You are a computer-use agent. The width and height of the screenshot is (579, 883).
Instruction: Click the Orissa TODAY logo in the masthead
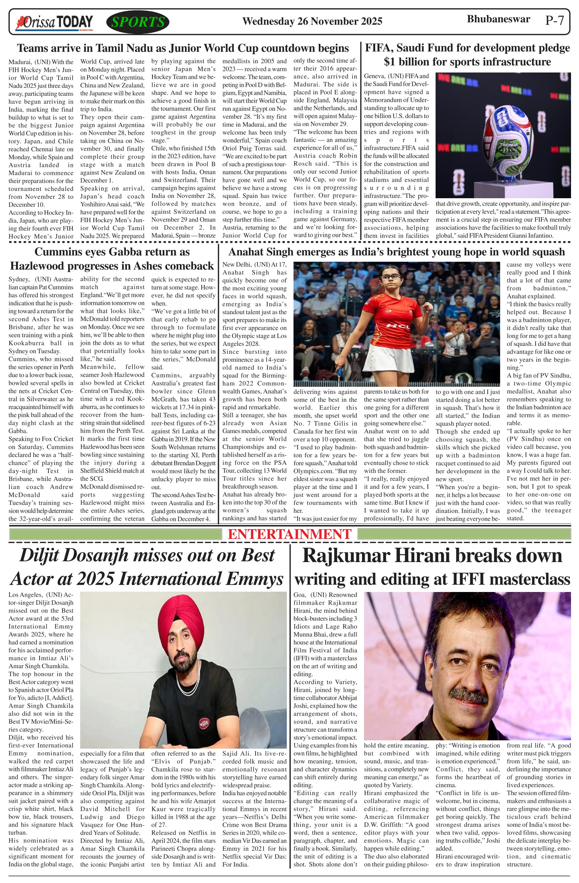(x=54, y=23)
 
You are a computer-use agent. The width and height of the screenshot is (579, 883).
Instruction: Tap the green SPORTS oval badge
(x=138, y=22)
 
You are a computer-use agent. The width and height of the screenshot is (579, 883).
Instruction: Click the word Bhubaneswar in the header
(x=498, y=19)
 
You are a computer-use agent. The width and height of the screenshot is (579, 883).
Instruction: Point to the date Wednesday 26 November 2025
(x=312, y=22)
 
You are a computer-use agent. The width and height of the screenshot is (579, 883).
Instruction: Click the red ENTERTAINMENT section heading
(x=289, y=534)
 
